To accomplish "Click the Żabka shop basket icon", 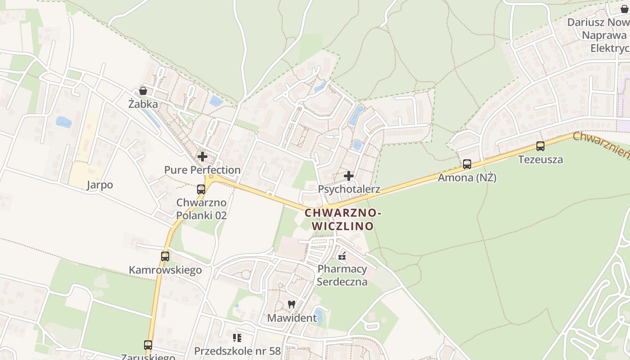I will point(143,91).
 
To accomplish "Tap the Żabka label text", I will point(143,104).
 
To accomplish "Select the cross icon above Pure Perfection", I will point(202,157).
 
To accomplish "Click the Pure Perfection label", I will point(202,170).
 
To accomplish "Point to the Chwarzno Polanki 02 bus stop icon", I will point(201,189).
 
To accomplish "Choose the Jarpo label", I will point(100,185).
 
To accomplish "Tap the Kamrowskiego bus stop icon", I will point(165,256).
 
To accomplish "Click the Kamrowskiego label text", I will point(165,270).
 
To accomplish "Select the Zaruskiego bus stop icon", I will point(148,345).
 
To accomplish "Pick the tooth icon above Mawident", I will point(292,304).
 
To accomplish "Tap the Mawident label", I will point(292,318).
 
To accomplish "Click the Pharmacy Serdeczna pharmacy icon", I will point(342,256).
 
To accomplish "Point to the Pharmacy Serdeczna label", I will point(342,275).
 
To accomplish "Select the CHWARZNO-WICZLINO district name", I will point(343,219).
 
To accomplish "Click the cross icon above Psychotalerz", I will point(349,176).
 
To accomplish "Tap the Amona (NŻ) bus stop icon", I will point(467,164).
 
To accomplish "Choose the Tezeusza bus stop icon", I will point(540,146).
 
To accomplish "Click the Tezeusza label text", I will point(540,159).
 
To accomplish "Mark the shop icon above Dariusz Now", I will point(625,9).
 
